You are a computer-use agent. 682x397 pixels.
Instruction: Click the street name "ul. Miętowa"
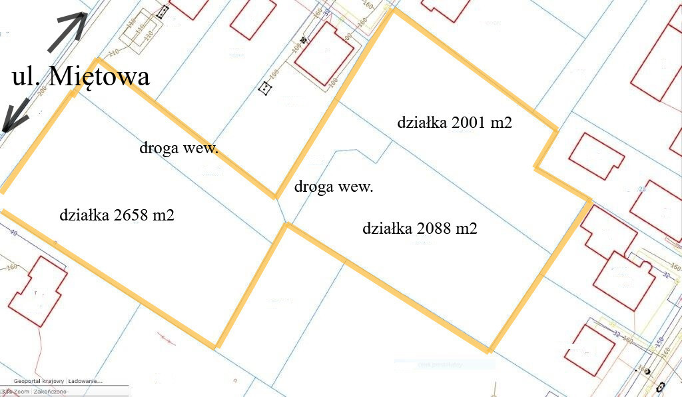[x=81, y=76]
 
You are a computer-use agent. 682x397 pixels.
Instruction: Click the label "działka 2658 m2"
[x=117, y=216]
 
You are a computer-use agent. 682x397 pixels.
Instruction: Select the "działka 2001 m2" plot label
[x=454, y=123]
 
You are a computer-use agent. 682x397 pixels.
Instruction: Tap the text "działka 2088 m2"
[x=420, y=228]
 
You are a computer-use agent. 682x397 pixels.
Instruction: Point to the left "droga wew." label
[x=178, y=148]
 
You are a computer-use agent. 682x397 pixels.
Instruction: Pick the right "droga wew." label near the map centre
[x=334, y=187]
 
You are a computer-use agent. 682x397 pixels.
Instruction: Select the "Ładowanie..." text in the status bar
[x=85, y=382]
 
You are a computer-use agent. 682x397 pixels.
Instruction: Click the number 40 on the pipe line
[x=13, y=233]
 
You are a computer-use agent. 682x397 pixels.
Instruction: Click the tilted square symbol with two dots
[x=266, y=88]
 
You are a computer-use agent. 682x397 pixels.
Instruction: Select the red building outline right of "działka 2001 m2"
[x=595, y=156]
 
